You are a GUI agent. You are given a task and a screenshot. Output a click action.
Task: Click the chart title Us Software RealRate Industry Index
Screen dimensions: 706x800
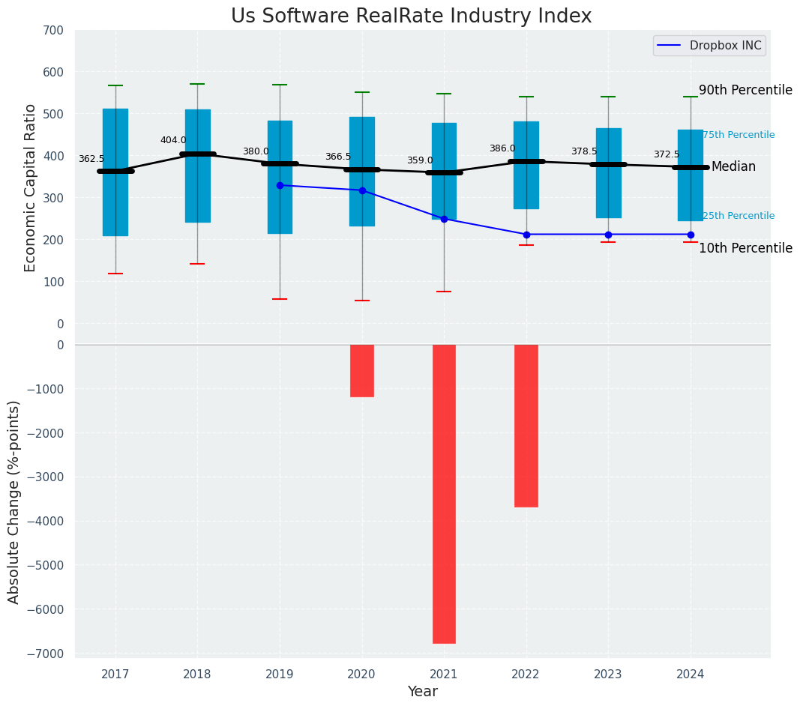coord(411,16)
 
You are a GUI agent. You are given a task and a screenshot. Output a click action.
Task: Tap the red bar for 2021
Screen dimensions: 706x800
coord(444,493)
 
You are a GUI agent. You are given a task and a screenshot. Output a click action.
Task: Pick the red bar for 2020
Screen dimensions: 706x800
coord(362,370)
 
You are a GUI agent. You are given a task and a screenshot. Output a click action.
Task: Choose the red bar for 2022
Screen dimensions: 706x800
coord(526,425)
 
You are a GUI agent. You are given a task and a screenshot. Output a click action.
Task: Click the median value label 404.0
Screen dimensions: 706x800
coord(173,140)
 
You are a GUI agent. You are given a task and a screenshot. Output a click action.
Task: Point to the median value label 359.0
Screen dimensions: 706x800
coord(420,160)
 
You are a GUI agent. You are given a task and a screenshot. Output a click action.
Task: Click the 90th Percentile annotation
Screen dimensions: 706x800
coord(745,90)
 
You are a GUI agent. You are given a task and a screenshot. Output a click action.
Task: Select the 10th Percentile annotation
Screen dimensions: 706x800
coord(745,248)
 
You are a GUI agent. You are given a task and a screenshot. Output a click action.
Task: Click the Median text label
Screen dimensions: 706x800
coord(733,166)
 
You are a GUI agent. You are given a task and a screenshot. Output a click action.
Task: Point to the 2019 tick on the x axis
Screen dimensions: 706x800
coord(280,675)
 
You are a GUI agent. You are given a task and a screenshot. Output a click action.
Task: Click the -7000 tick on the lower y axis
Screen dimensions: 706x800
coord(46,654)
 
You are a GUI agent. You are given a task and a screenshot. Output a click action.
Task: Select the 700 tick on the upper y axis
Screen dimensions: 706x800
coord(54,30)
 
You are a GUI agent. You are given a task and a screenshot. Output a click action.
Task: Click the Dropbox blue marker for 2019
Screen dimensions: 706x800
coord(280,185)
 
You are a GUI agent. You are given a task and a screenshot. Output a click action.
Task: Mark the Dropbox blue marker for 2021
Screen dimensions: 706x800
coord(444,219)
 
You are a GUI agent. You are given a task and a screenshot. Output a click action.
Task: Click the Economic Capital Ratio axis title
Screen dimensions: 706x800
coord(31,187)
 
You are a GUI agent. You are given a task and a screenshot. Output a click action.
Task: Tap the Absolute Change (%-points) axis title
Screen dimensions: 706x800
coord(14,501)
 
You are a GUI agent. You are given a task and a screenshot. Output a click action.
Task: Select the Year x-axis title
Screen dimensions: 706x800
coord(422,692)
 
